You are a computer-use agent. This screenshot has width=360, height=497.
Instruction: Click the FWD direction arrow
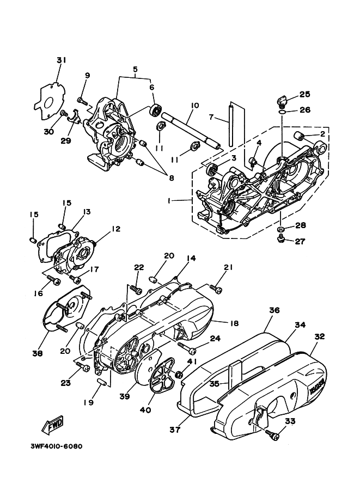point(52,425)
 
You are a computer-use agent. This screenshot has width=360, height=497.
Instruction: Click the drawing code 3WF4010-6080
point(57,446)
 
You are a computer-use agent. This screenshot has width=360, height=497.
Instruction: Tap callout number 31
point(61,60)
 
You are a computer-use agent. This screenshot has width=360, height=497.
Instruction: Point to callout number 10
point(194,105)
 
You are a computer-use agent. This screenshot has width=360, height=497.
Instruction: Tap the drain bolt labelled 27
point(281,239)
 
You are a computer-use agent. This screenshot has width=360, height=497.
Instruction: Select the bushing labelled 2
point(300,136)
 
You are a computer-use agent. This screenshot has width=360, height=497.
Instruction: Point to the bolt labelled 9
point(82,101)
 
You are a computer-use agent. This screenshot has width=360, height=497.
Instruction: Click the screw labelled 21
point(216,288)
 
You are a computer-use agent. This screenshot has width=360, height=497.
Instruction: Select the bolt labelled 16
point(53,280)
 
